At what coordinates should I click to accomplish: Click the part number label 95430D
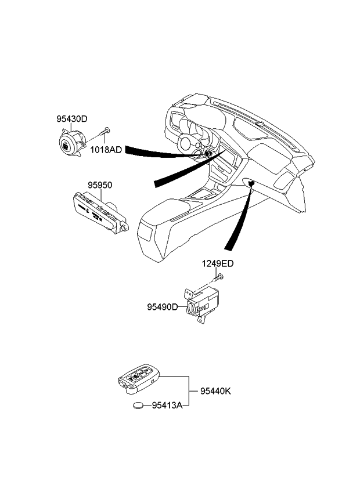pos(71,119)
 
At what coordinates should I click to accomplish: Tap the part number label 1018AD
pos(106,150)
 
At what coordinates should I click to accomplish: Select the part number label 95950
pos(100,185)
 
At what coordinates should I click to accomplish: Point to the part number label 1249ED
pos(218,263)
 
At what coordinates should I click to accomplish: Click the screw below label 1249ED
pos(218,280)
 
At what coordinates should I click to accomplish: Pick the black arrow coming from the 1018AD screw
pos(157,152)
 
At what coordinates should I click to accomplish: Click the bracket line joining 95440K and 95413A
pos(188,392)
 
